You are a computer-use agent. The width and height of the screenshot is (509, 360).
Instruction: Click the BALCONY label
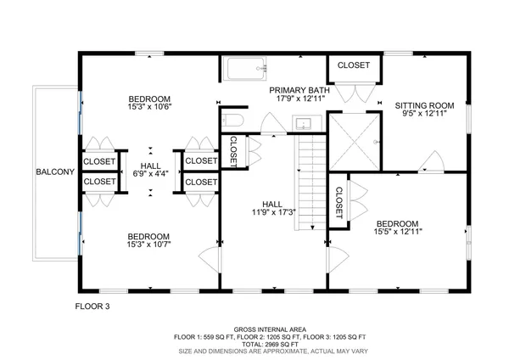click(56, 172)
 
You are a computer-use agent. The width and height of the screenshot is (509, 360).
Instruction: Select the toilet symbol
click(233, 121)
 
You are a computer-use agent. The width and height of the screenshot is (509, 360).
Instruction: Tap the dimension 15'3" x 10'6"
click(149, 107)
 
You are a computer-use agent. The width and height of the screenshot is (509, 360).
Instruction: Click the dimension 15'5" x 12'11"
click(398, 230)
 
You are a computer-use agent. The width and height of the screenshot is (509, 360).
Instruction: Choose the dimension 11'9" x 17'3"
click(272, 212)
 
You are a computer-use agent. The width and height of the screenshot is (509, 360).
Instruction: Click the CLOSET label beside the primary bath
click(353, 65)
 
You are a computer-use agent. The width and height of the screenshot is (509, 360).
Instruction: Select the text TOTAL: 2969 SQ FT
click(270, 343)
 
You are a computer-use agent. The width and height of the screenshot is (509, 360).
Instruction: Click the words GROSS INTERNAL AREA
click(270, 329)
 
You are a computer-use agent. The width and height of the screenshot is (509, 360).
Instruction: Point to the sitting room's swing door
click(434, 160)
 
